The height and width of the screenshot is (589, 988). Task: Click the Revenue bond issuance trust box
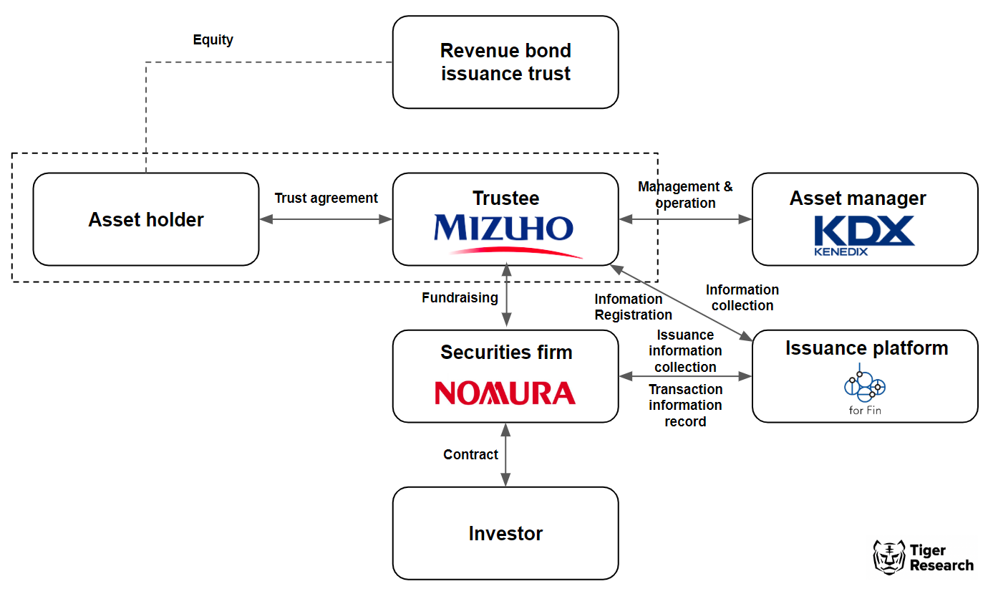[x=505, y=62]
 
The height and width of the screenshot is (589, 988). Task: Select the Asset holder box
[x=146, y=219]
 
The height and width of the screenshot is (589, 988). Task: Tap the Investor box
[x=505, y=533]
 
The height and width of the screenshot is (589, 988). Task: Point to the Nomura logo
[x=505, y=393]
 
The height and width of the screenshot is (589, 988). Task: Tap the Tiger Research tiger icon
[x=888, y=557]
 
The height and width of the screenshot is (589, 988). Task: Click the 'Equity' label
[x=213, y=40]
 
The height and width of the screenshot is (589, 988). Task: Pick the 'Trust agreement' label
[x=326, y=198]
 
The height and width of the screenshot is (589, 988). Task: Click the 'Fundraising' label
[x=459, y=297]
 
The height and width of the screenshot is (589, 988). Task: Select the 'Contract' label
[x=470, y=454]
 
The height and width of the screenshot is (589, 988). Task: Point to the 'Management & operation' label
[x=685, y=195]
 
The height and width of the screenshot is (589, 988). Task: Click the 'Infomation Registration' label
[x=633, y=307]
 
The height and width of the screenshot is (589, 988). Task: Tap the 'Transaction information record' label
[x=685, y=406]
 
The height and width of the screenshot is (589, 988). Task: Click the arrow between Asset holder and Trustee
[x=326, y=219]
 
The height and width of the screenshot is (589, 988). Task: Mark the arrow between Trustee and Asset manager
[x=685, y=219]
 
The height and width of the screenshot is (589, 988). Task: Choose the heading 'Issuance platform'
[x=866, y=348]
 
